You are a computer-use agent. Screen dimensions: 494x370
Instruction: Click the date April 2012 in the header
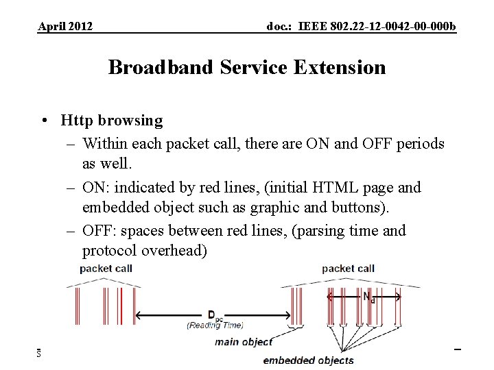65,27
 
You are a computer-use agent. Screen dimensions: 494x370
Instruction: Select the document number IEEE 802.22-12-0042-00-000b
361,27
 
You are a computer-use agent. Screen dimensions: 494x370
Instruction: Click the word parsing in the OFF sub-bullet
320,230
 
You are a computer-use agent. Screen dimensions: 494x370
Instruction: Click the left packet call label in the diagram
106,269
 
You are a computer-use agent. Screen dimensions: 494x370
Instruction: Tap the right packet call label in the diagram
348,269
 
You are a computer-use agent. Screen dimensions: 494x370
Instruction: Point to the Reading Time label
212,325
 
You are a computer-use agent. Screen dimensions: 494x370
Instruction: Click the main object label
244,342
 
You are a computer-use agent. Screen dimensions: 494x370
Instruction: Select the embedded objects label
309,360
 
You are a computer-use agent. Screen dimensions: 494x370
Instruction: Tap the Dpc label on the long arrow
214,315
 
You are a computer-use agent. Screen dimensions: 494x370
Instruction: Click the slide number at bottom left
40,353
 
